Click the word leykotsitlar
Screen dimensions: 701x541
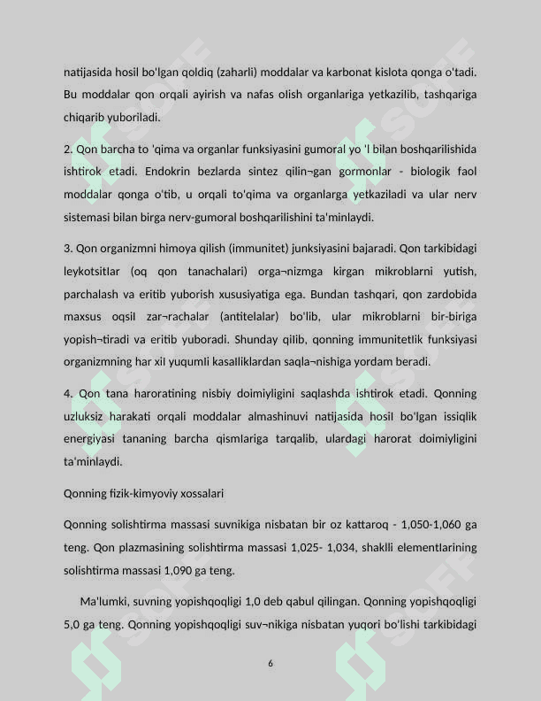pyautogui.click(x=93, y=270)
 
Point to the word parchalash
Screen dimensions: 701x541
pyautogui.click(x=91, y=293)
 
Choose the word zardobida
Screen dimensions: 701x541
pyautogui.click(x=450, y=293)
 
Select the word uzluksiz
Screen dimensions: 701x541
pyautogui.click(x=87, y=415)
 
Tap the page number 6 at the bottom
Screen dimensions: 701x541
pyautogui.click(x=270, y=663)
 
